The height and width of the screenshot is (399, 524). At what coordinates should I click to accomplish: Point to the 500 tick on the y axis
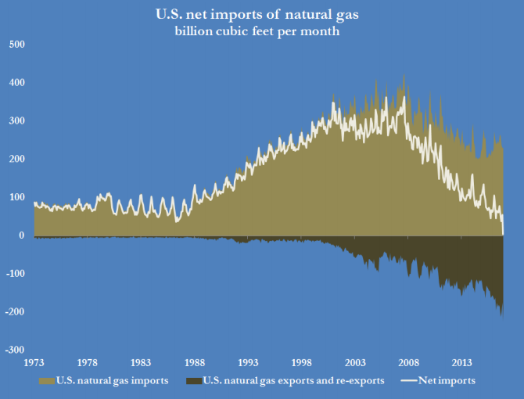pos(17,45)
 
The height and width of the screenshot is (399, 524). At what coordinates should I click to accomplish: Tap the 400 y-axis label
pos(17,83)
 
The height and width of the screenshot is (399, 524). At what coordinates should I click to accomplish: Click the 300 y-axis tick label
pos(17,121)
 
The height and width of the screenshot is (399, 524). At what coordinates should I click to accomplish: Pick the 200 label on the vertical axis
pos(17,159)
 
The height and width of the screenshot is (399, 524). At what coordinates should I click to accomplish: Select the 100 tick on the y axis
pos(17,197)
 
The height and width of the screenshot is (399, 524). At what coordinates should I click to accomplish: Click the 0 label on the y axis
pos(22,235)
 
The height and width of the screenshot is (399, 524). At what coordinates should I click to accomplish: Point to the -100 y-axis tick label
pos(16,274)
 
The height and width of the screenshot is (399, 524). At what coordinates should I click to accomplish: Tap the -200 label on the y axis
pos(16,312)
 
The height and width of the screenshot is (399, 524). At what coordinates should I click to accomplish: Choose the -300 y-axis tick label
pos(16,350)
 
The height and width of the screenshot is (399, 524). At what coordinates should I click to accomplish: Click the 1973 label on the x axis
pos(34,364)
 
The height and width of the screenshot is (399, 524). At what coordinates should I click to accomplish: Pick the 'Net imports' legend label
pos(447,381)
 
